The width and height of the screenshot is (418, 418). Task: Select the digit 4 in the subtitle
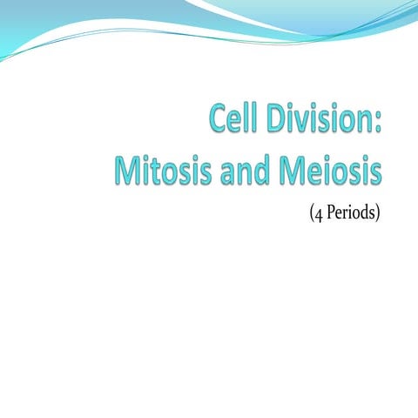pos(317,212)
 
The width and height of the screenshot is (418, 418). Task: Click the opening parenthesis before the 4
pos(310,212)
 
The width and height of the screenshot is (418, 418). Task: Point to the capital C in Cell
pos(217,119)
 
